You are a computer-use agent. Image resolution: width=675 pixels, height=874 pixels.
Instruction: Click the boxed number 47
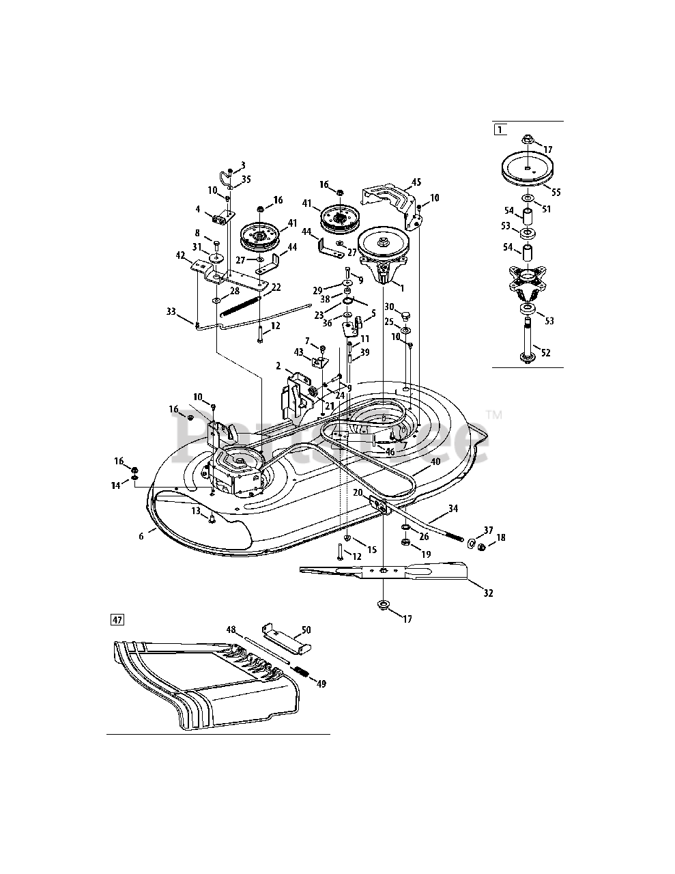point(118,620)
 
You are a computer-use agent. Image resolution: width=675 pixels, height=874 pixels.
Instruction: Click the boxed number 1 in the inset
point(500,128)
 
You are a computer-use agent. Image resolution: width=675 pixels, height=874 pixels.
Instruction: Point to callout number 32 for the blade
point(487,593)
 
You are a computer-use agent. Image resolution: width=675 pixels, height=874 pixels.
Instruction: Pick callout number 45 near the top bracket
point(416,182)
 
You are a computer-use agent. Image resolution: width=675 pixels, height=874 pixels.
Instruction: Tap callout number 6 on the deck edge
point(141,536)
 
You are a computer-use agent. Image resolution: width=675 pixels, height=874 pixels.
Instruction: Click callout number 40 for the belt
point(435,461)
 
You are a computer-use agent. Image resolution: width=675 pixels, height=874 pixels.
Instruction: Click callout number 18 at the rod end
point(501,538)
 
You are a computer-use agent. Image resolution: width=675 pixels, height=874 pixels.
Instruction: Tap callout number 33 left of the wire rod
point(171,311)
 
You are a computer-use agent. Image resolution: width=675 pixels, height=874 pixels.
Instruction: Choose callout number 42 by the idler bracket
point(181,256)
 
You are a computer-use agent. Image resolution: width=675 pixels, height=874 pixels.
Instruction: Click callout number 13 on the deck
point(195,510)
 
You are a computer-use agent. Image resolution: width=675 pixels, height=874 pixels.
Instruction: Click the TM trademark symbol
point(493,414)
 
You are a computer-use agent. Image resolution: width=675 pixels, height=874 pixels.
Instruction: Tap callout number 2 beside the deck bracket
point(278,367)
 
